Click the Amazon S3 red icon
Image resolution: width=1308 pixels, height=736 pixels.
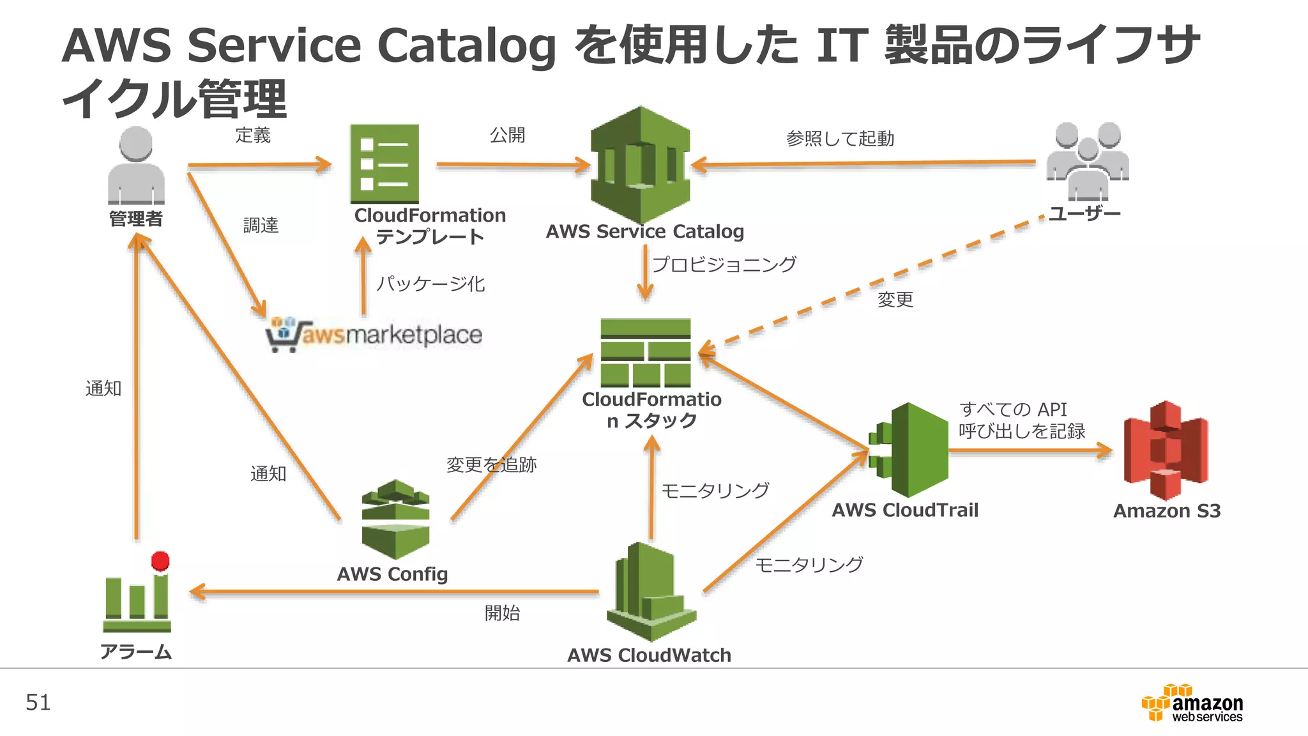(1166, 450)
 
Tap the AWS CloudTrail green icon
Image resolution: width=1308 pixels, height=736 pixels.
(910, 450)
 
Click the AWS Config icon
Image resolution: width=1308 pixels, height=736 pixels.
(395, 519)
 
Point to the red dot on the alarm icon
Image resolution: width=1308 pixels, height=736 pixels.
(160, 561)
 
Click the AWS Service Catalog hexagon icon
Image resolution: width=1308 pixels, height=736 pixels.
(641, 164)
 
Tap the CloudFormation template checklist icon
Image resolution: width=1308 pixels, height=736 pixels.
(384, 164)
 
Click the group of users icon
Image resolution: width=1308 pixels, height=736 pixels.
(1088, 161)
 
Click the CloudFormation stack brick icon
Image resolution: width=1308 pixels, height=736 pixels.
(646, 353)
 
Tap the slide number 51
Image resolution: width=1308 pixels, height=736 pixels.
(38, 702)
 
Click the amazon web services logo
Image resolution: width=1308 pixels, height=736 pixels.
(1192, 703)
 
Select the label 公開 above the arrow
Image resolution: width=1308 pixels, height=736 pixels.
(507, 135)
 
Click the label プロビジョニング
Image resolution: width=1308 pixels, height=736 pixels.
(724, 264)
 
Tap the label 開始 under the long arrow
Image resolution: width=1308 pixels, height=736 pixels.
(502, 613)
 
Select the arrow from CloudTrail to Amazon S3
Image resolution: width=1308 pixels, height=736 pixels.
(1030, 450)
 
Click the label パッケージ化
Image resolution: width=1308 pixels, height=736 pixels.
(430, 283)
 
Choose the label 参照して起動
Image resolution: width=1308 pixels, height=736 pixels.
(840, 139)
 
